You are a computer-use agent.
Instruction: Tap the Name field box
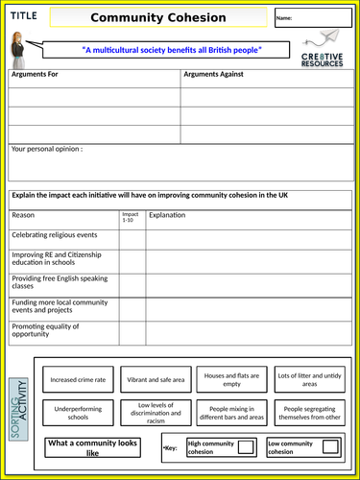coord(324,18)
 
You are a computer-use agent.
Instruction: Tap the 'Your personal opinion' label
coord(46,150)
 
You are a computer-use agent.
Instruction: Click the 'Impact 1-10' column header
coord(129,218)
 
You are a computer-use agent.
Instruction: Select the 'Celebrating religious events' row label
coord(54,235)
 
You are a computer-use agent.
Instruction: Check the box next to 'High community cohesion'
coord(245,446)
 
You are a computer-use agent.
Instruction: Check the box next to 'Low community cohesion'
coord(329,446)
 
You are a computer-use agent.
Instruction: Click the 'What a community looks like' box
coord(93,446)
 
